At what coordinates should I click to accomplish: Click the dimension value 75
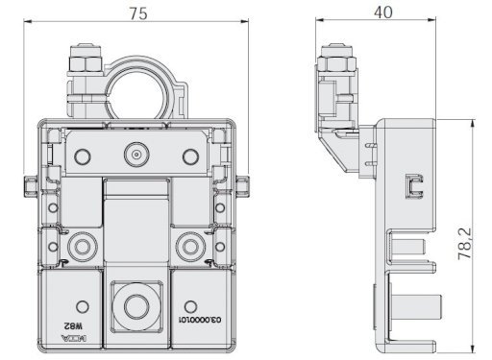point(138,13)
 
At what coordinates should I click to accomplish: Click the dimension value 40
point(382,12)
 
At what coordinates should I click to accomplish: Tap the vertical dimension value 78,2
point(464,244)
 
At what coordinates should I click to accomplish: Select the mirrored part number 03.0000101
point(201,320)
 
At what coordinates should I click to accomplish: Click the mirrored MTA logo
point(73,338)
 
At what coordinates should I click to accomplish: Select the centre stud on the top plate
point(136,156)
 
